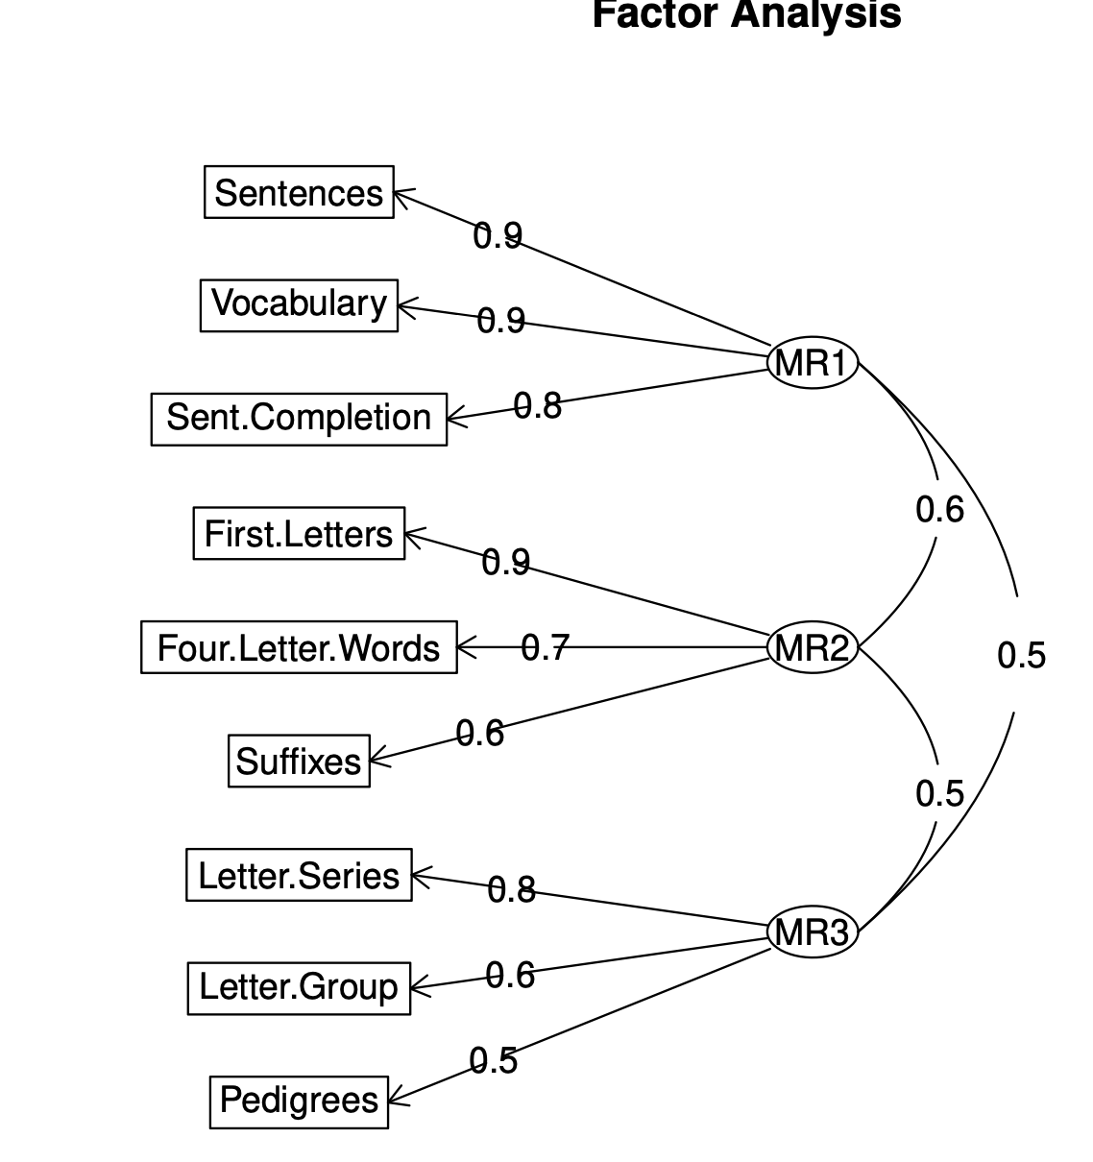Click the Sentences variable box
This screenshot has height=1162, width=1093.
point(299,192)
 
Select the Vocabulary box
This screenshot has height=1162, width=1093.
point(299,304)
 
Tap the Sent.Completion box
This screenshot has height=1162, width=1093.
point(299,419)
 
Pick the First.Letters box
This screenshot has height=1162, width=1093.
point(299,533)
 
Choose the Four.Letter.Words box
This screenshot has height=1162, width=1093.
point(299,647)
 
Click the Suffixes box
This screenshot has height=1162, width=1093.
point(299,761)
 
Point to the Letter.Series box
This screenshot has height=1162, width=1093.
point(299,875)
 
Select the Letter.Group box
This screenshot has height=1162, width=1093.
point(299,987)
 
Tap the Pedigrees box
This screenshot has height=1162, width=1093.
point(299,1101)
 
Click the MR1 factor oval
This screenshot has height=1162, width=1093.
point(813,363)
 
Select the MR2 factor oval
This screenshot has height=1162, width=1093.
point(813,647)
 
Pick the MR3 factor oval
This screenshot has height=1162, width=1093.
point(813,932)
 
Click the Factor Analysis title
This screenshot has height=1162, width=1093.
point(746,14)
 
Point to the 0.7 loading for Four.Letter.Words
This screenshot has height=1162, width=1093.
point(545,648)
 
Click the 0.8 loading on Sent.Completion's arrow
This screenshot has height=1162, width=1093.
point(537,406)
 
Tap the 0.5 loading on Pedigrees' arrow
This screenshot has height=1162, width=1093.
point(494,1060)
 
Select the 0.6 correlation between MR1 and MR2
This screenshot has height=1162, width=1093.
point(939,510)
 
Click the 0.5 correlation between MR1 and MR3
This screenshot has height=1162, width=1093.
point(1021,655)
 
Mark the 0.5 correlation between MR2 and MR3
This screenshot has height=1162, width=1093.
point(939,793)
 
